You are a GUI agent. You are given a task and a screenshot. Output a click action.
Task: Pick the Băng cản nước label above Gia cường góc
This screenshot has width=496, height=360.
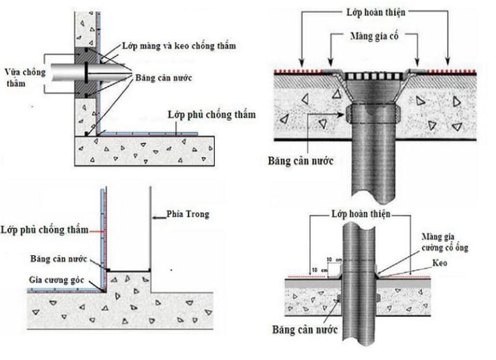coord(58,258)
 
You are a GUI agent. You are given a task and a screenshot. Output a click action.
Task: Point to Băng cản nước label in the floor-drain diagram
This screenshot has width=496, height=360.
coord(301,159)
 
